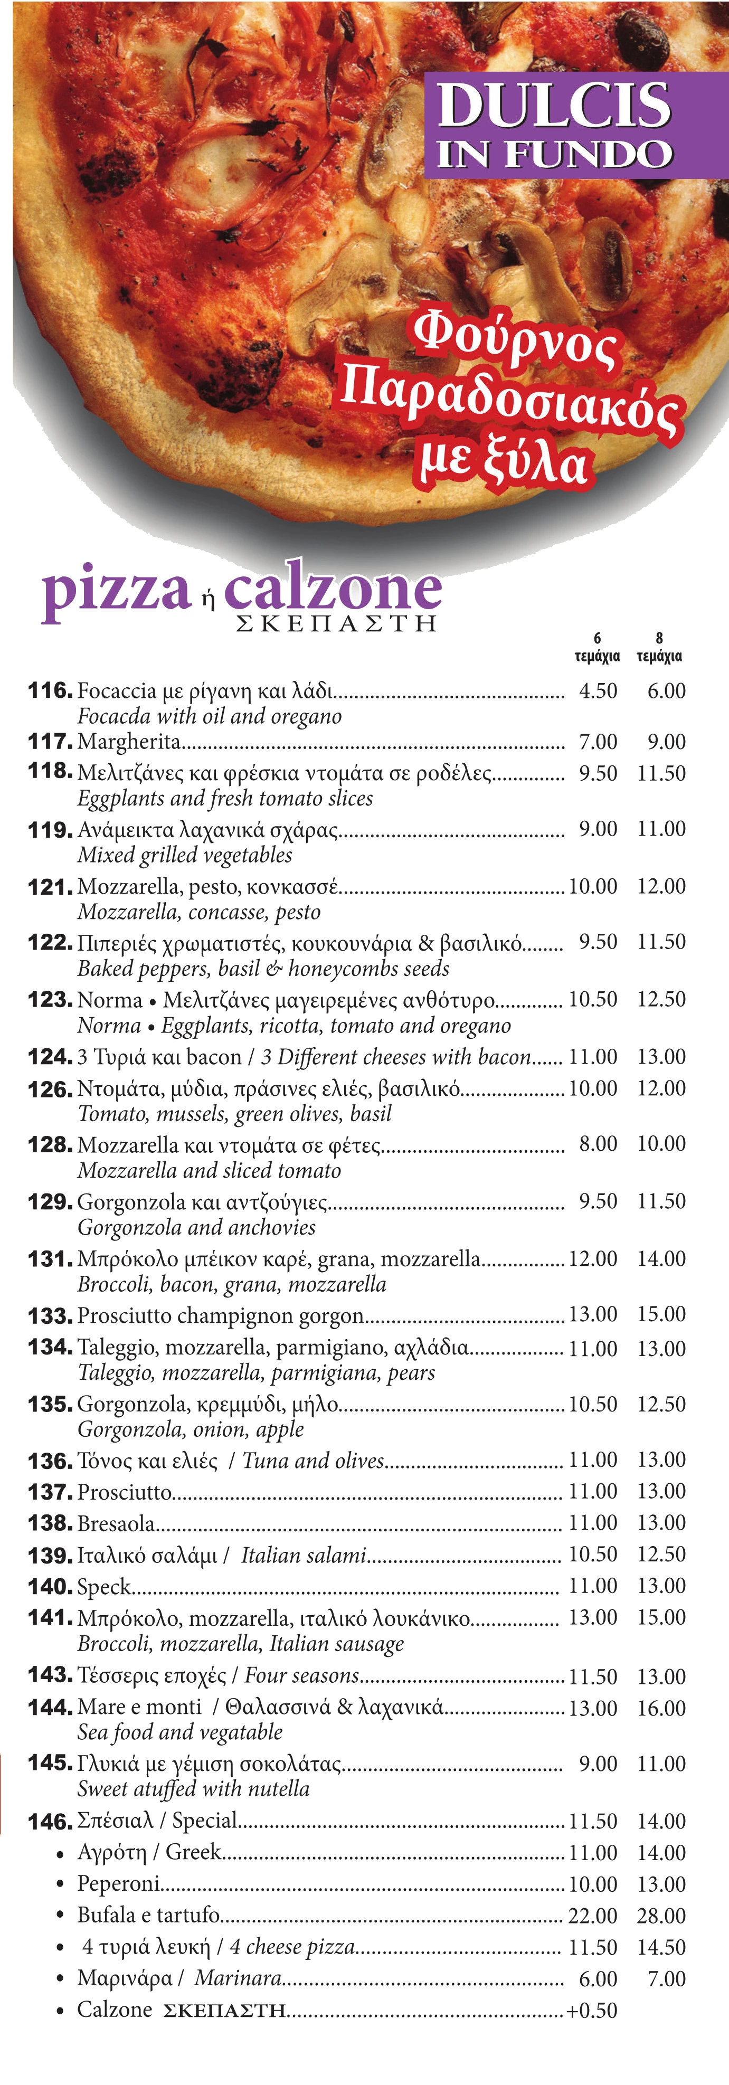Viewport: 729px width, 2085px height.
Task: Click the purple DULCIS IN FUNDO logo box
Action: pos(555,126)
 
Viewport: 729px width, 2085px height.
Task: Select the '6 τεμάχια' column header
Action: pos(597,648)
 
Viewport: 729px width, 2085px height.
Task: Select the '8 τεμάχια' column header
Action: pos(659,648)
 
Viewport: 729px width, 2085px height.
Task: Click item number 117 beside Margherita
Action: pos(50,742)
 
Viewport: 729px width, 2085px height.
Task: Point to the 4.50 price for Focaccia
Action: pos(598,691)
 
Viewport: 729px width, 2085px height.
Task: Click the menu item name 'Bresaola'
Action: pos(116,1523)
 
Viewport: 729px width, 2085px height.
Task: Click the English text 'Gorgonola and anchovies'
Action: pos(196,1227)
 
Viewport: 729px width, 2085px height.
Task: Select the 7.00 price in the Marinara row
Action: pos(666,1979)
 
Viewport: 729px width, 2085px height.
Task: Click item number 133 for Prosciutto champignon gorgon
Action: pos(50,1316)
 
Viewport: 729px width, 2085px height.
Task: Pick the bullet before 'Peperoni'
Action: pos(60,1885)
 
